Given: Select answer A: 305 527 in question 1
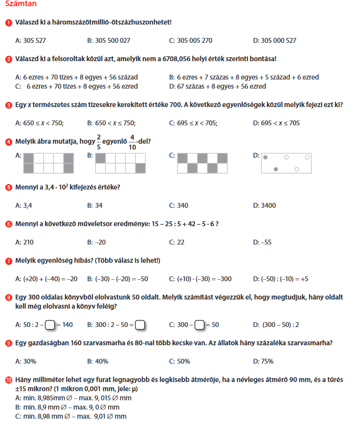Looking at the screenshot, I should coord(31,41).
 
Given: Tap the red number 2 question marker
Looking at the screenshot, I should coord(8,59).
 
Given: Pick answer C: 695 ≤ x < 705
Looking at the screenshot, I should coord(193,123).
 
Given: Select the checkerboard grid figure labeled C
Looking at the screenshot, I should coord(202,163).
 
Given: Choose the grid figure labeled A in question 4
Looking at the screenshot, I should coord(49,163).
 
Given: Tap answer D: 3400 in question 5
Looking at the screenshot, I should coord(264,205).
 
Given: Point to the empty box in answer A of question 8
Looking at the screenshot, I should coord(50,325).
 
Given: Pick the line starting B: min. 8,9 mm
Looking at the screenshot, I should coord(67,407).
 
